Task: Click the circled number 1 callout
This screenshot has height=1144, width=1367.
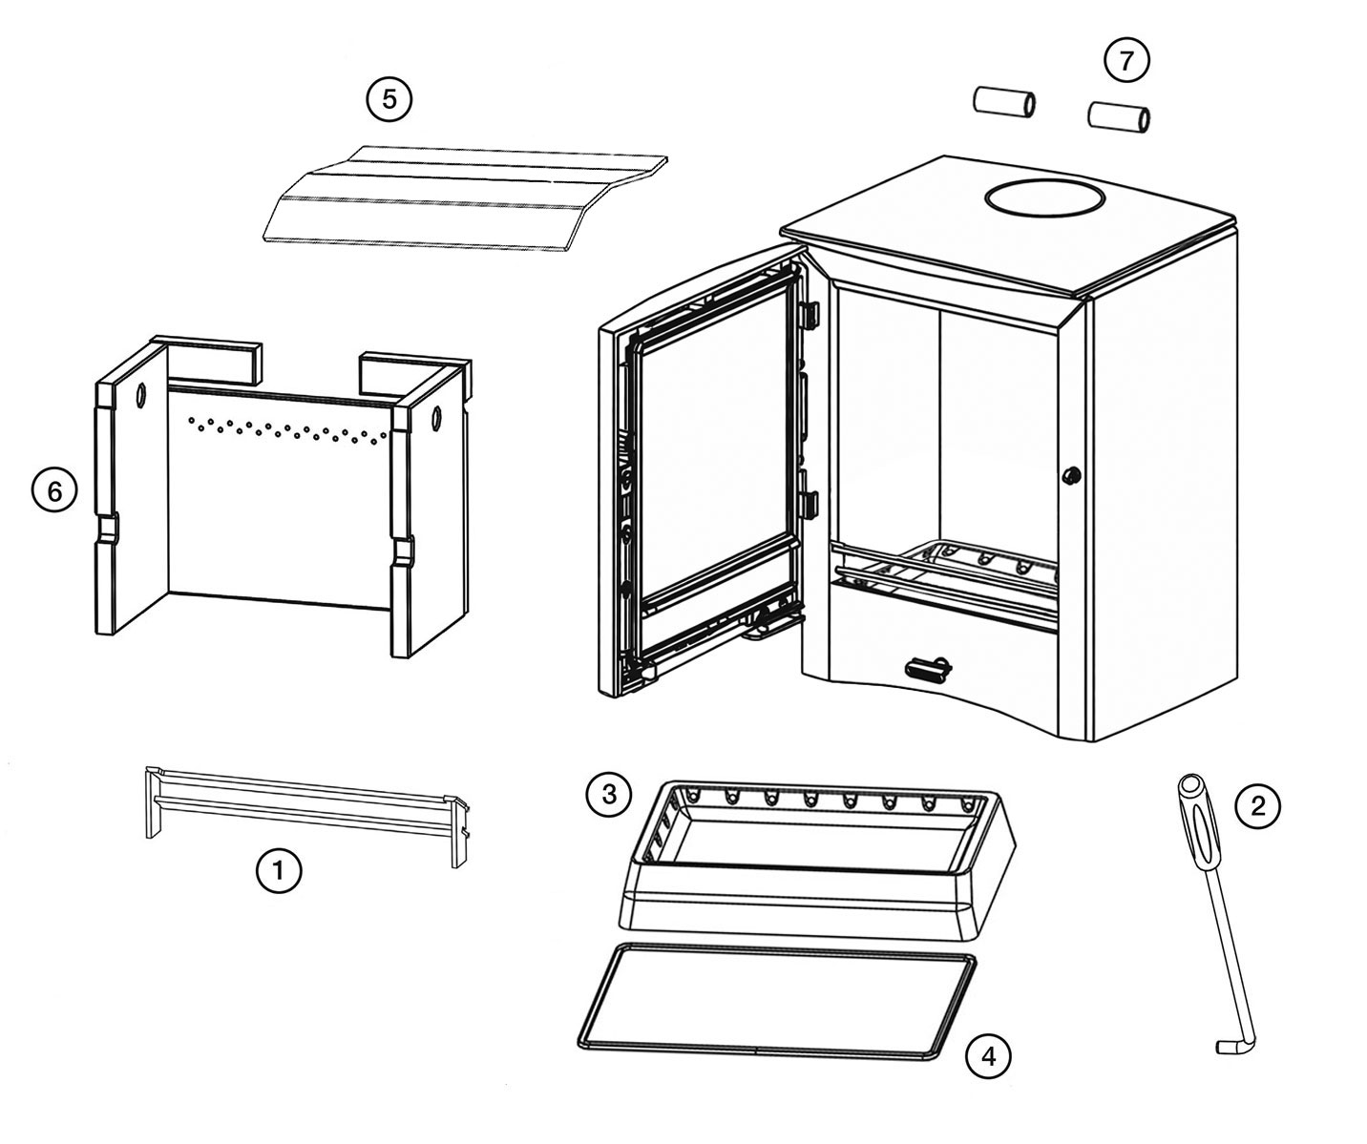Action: [x=279, y=870]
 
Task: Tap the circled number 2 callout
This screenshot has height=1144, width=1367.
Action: [x=1257, y=806]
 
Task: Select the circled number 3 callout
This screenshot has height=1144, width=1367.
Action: [x=608, y=793]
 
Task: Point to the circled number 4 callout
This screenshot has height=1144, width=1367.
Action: [x=988, y=1056]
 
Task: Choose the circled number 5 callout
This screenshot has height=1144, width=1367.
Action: [x=389, y=98]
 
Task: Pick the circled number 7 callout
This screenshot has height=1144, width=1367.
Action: [x=1126, y=60]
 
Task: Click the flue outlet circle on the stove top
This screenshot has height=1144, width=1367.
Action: [x=1045, y=199]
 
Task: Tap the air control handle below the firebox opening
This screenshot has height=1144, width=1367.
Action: [x=925, y=668]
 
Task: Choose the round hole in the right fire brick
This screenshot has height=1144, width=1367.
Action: [x=437, y=417]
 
